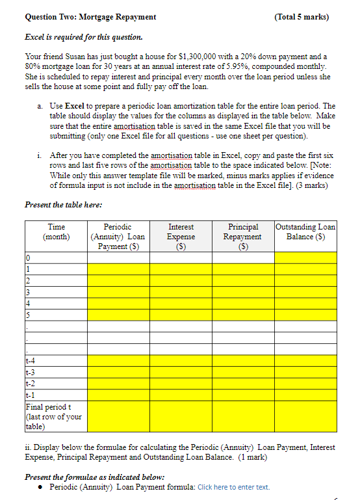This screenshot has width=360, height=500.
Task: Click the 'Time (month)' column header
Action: [x=57, y=231]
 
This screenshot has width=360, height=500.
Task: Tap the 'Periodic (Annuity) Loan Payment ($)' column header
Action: [x=118, y=237]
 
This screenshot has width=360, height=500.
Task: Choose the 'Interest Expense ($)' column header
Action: [x=181, y=237]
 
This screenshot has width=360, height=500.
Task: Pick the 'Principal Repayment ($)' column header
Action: [x=243, y=237]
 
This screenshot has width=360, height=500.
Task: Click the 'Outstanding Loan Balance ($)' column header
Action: [x=305, y=231]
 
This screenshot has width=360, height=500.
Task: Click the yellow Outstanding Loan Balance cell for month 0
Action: [x=305, y=257]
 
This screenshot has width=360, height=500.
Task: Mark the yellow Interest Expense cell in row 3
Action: [x=181, y=291]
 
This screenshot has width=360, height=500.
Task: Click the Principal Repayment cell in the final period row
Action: [x=243, y=417]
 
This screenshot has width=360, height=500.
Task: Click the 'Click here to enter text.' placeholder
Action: [x=233, y=487]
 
